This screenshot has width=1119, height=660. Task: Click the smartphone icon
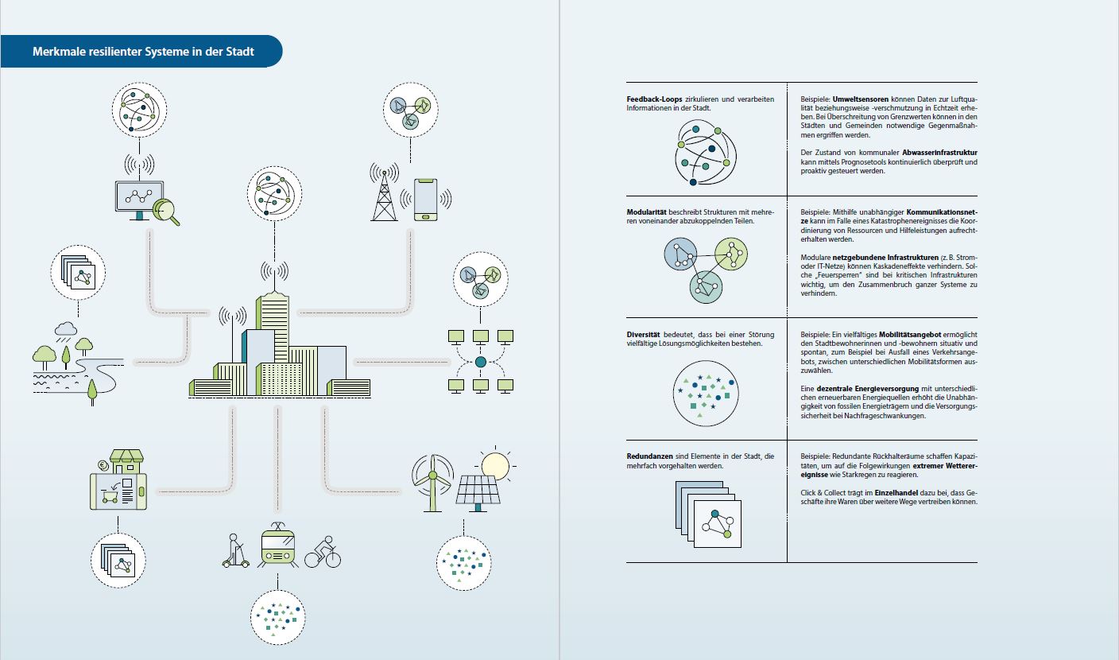click(x=426, y=199)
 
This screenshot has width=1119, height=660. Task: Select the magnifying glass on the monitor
click(x=167, y=211)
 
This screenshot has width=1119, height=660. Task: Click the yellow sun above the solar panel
click(x=494, y=464)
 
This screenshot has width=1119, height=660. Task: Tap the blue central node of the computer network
click(x=480, y=362)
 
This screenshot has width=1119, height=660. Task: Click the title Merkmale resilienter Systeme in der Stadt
click(x=143, y=52)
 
